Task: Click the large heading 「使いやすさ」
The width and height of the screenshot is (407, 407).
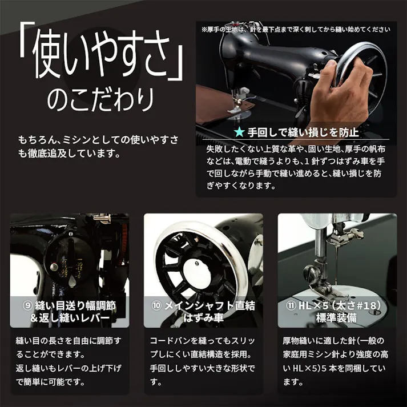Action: point(100,58)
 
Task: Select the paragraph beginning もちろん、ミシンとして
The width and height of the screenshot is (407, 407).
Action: point(98,147)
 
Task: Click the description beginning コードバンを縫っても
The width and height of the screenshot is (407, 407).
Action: point(203,361)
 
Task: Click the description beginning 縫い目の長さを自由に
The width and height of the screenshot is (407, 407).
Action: point(69,361)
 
